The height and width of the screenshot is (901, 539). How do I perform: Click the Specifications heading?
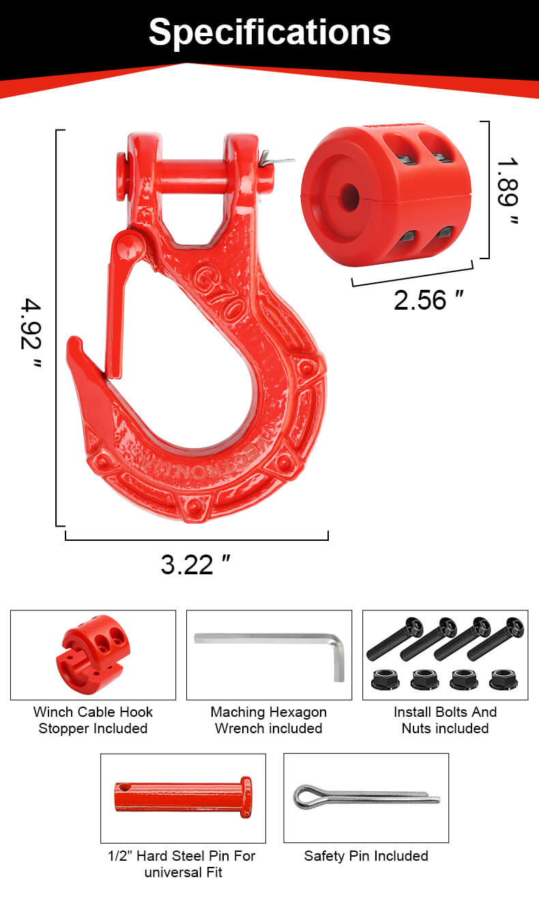click(x=269, y=31)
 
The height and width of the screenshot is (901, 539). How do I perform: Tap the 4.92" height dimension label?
click(x=31, y=333)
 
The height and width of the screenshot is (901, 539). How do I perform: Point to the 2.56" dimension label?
click(x=429, y=300)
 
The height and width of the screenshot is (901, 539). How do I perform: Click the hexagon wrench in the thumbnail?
click(x=269, y=648)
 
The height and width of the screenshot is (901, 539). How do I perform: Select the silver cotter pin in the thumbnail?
click(x=366, y=796)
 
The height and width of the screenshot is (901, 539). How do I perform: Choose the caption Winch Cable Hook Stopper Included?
click(x=93, y=720)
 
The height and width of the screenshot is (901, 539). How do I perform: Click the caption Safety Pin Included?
click(x=366, y=856)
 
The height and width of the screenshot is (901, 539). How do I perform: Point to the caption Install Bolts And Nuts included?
click(x=445, y=720)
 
